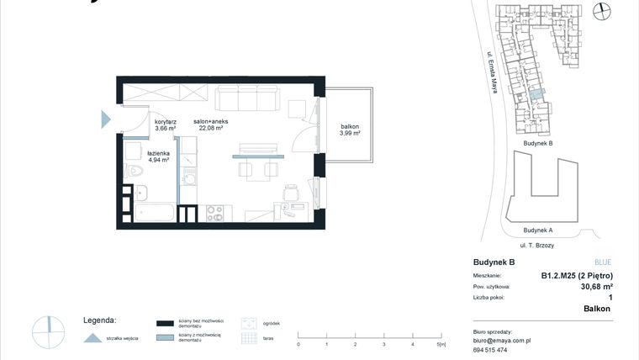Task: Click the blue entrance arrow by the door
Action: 106,119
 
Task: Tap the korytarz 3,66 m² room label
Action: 166,124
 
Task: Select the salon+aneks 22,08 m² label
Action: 210,124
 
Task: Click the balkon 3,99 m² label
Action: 350,130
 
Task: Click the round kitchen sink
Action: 190,178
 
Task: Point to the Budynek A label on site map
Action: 537,230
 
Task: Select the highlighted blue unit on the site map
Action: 536,94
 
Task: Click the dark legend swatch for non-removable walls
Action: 164,323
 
